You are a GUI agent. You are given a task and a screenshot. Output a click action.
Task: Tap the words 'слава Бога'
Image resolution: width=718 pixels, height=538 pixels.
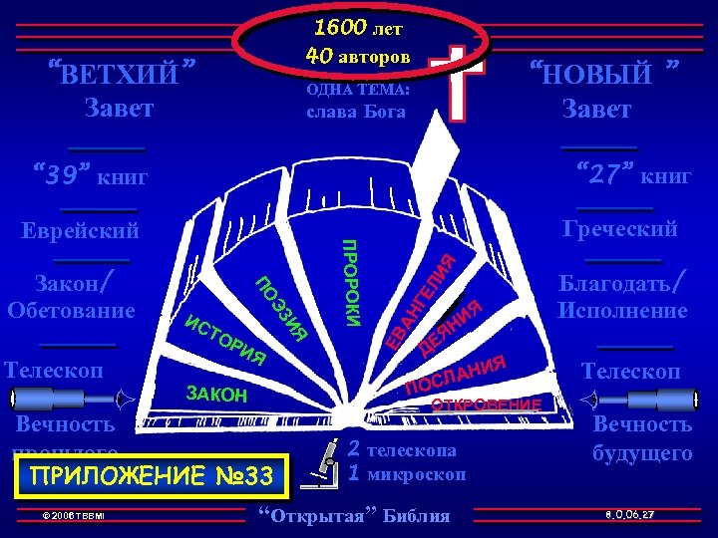pyautogui.click(x=356, y=112)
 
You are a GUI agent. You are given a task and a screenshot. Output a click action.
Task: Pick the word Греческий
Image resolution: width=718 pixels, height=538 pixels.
pyautogui.click(x=619, y=229)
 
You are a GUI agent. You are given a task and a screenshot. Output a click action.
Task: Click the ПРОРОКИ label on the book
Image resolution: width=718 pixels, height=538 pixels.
pyautogui.click(x=351, y=281)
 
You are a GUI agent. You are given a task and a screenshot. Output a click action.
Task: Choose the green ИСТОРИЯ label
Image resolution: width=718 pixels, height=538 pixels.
pyautogui.click(x=225, y=339)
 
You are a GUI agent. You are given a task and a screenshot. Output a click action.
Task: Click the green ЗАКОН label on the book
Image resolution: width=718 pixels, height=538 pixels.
pyautogui.click(x=216, y=394)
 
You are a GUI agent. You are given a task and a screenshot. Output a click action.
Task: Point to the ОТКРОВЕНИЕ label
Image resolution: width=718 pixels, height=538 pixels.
pyautogui.click(x=485, y=404)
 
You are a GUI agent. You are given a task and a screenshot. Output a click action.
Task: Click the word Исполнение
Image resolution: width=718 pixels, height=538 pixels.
pyautogui.click(x=622, y=311)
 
